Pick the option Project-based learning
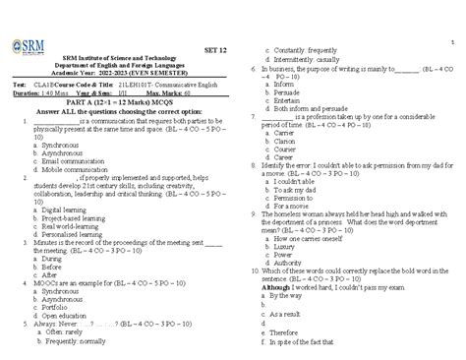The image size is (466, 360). pos(77,244)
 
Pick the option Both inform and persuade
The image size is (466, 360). pos(314,108)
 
